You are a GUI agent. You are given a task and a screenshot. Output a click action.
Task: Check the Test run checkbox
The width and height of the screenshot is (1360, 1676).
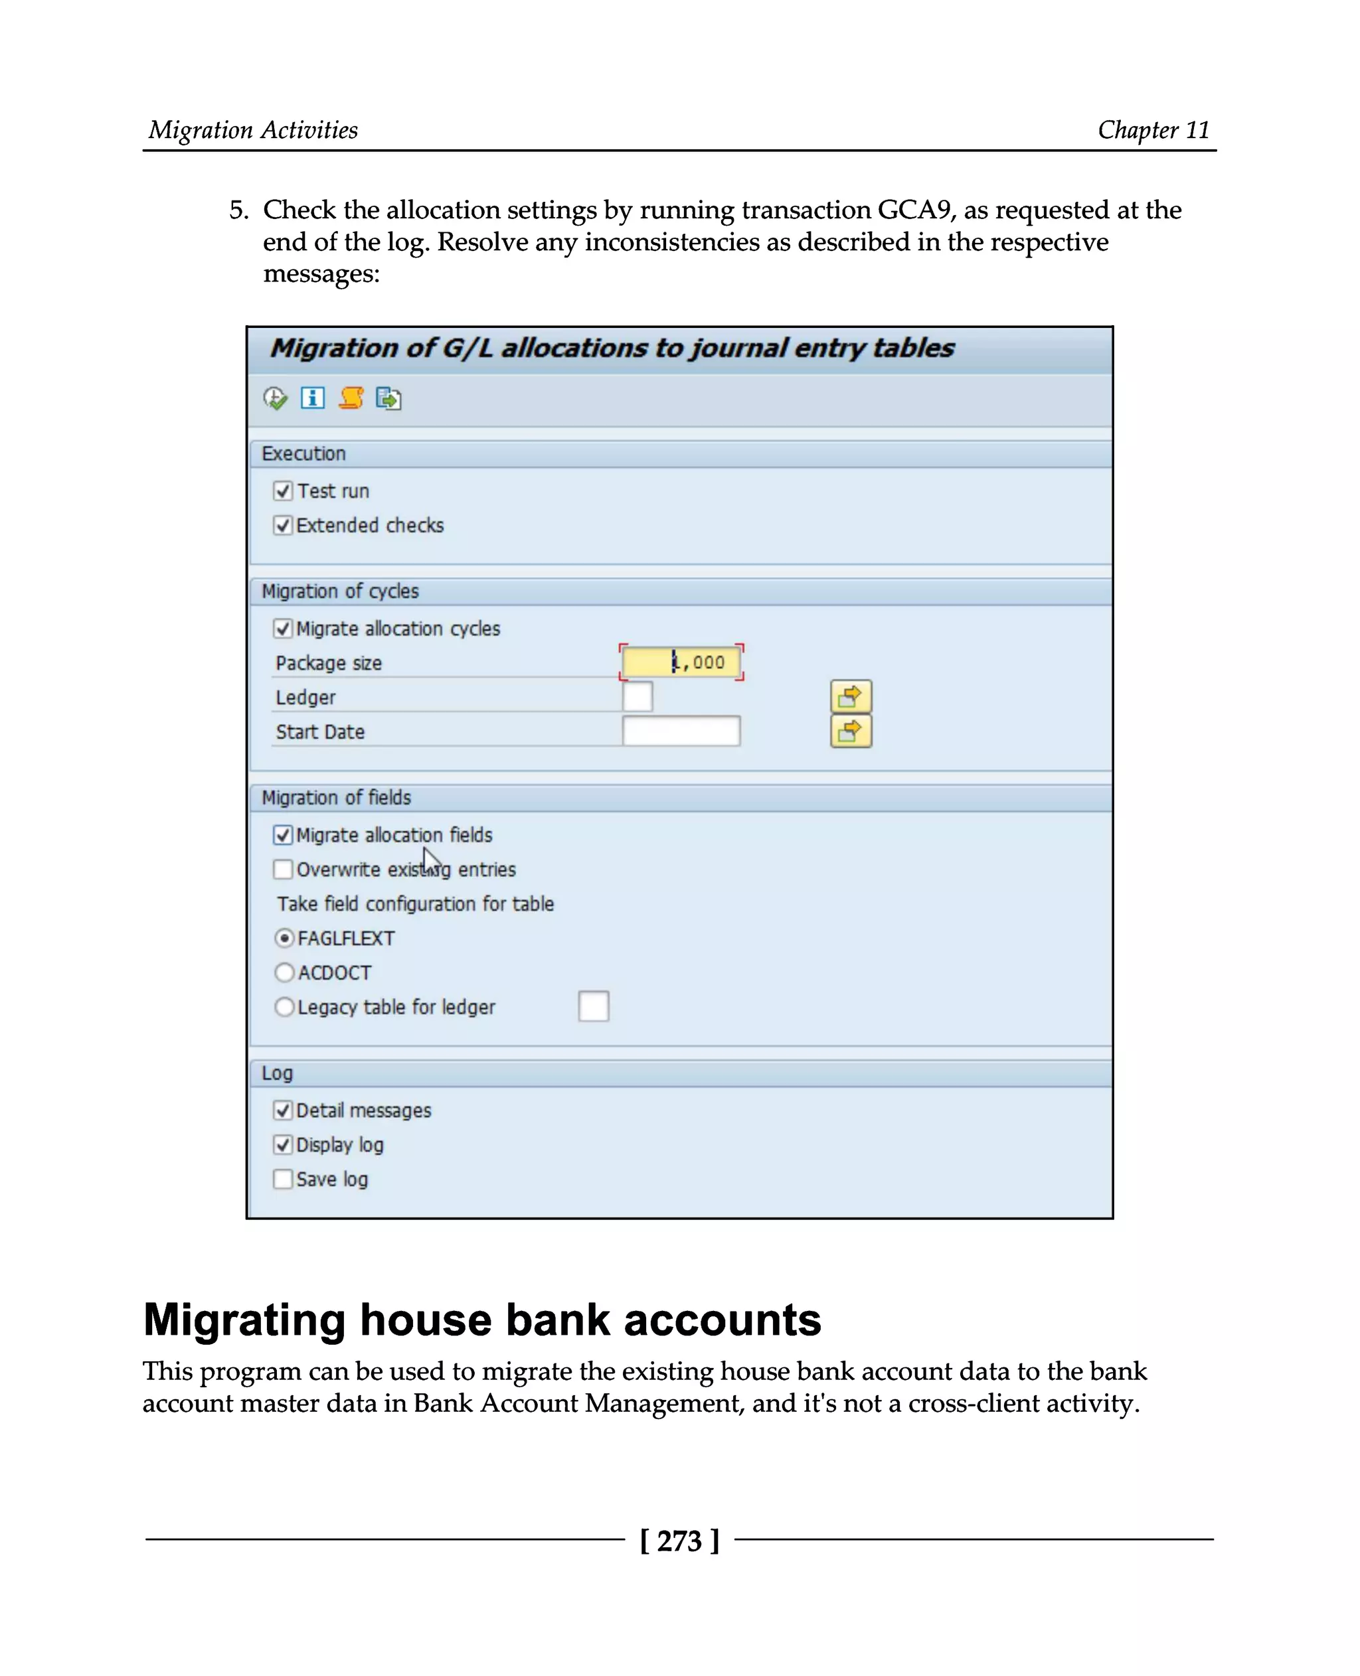coord(283,491)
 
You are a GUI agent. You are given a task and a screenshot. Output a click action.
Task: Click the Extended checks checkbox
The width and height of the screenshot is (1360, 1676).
coord(283,526)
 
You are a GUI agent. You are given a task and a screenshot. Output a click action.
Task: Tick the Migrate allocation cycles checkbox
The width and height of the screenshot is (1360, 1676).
coord(283,629)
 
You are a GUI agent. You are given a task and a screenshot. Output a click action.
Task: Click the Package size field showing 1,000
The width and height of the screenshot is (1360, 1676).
coord(681,662)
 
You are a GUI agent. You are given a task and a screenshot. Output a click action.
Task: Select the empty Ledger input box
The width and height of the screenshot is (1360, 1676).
coord(637,697)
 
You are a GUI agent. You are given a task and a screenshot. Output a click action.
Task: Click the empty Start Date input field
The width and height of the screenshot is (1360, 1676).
coord(681,731)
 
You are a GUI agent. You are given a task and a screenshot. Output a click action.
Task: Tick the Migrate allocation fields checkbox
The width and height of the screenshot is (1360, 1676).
coord(283,836)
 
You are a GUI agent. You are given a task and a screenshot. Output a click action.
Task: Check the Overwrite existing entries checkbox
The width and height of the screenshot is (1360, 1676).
coord(283,870)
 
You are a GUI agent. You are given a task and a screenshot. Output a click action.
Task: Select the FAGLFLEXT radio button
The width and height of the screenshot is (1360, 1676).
coord(284,939)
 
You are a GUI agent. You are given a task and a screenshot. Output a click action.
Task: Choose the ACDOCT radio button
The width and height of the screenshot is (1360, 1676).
coord(284,972)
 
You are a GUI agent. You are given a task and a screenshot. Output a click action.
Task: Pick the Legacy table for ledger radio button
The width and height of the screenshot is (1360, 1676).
coord(284,1007)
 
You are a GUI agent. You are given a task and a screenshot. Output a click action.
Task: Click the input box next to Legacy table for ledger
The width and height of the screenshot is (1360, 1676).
coord(593,1007)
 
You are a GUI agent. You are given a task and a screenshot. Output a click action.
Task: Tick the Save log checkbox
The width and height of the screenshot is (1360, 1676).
coord(283,1180)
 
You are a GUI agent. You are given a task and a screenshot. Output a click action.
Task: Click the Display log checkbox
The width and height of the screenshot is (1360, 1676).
coord(283,1145)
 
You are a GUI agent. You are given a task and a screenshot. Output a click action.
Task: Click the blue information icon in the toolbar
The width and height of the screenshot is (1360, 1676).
coord(313,399)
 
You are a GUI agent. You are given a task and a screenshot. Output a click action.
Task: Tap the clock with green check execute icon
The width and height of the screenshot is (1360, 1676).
coord(275,399)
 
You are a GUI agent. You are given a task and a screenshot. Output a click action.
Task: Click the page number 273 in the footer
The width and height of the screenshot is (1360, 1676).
coord(679,1541)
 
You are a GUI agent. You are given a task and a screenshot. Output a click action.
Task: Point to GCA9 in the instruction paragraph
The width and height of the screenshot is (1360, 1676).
coord(914,210)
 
